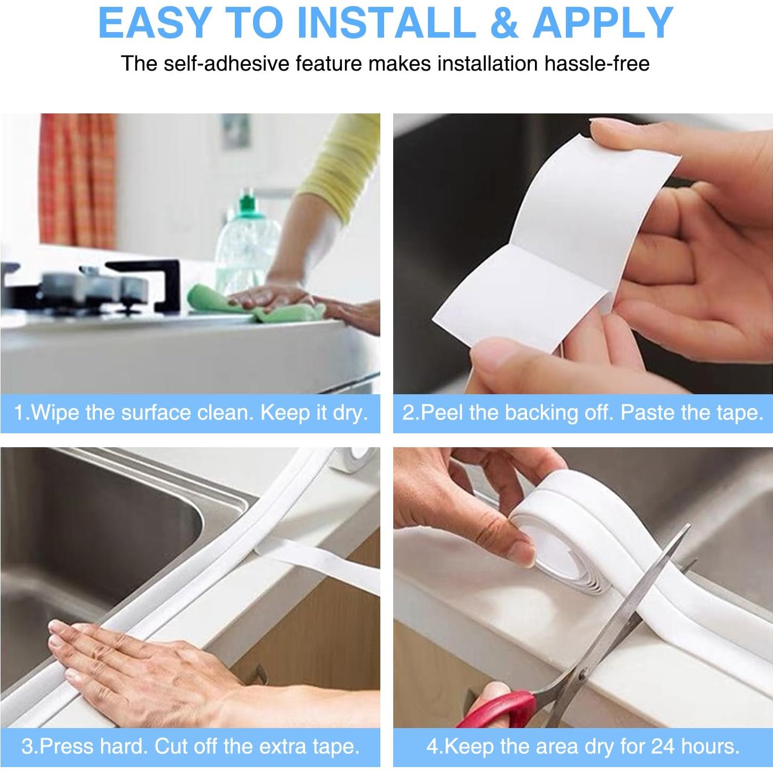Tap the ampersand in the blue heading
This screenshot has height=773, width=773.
click(x=504, y=22)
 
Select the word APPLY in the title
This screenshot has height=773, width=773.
click(x=602, y=22)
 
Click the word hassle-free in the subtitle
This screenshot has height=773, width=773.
click(x=597, y=64)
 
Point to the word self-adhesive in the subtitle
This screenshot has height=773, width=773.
click(x=226, y=64)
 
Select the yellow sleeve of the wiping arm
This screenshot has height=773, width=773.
click(x=341, y=169)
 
